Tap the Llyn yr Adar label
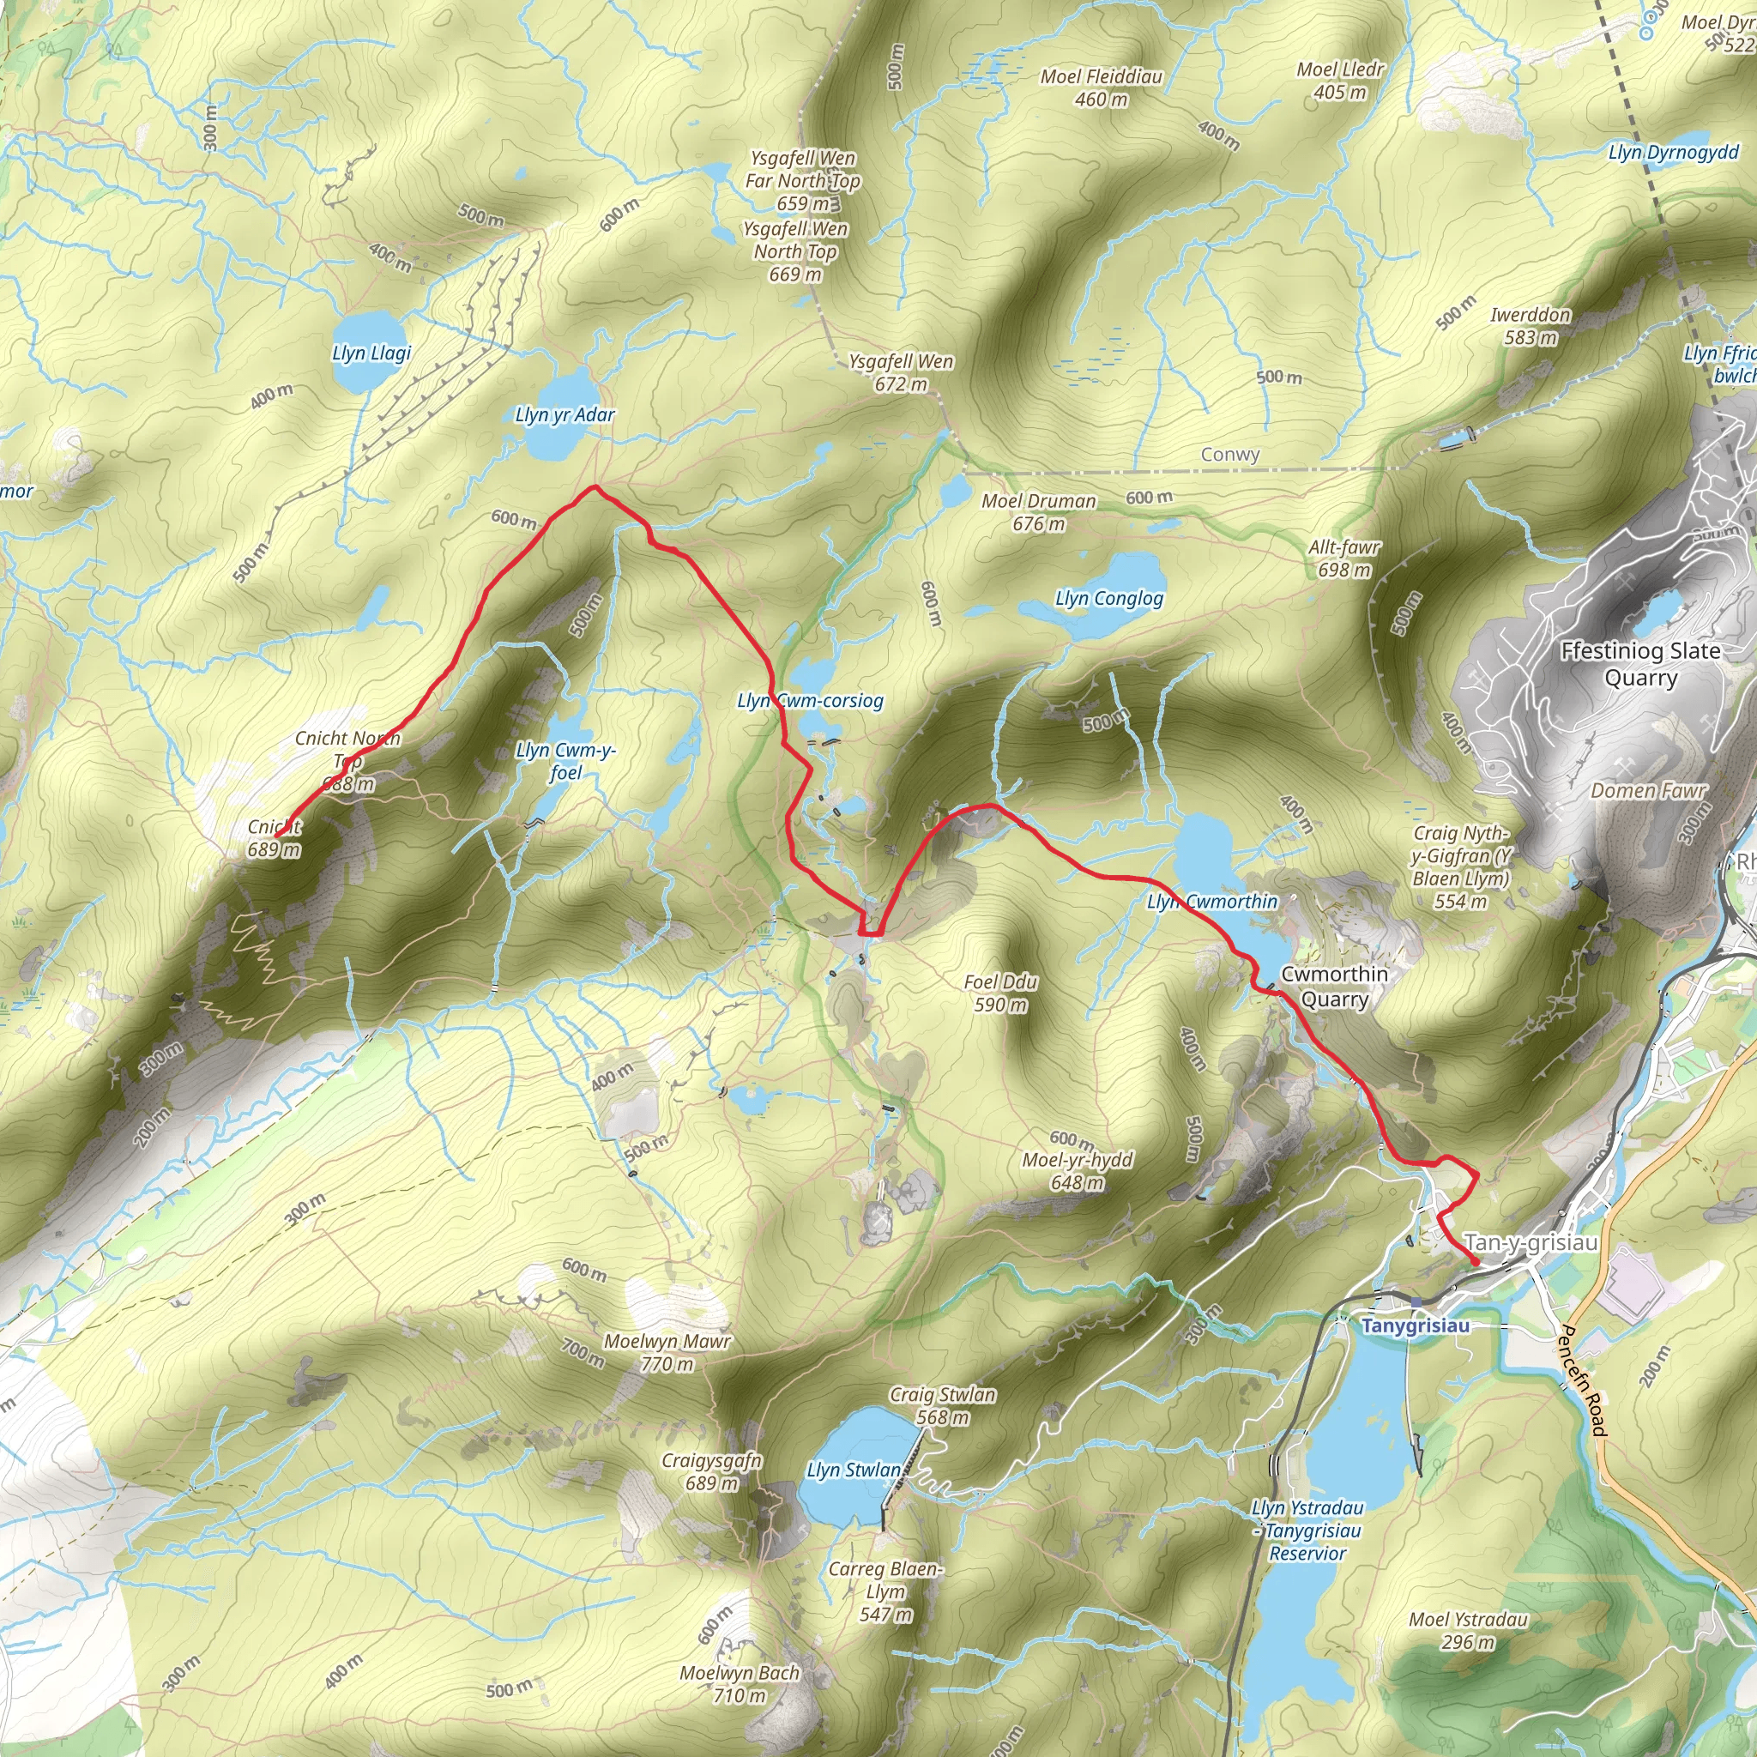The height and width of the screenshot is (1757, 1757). pyautogui.click(x=565, y=414)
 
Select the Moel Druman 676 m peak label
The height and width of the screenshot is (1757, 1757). pyautogui.click(x=1039, y=512)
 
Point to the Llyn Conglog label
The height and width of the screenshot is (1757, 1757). pyautogui.click(x=1108, y=599)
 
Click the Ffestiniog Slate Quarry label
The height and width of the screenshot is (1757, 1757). pyautogui.click(x=1639, y=664)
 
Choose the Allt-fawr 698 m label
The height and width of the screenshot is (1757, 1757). pyautogui.click(x=1344, y=558)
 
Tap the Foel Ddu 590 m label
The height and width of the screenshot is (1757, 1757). pyautogui.click(x=1000, y=993)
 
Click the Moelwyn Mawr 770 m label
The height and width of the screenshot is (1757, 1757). pyautogui.click(x=667, y=1352)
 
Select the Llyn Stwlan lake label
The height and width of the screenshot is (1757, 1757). pyautogui.click(x=853, y=1470)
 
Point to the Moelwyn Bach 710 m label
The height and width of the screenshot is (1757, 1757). pyautogui.click(x=740, y=1683)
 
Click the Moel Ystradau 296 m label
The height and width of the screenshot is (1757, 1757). pyautogui.click(x=1468, y=1631)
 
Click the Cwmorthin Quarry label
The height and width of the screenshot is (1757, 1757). pyautogui.click(x=1334, y=986)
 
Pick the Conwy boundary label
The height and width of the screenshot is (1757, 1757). pyautogui.click(x=1229, y=454)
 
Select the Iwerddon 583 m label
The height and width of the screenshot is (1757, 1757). pyautogui.click(x=1531, y=325)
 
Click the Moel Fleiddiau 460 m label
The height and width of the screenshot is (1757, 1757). pyautogui.click(x=1102, y=88)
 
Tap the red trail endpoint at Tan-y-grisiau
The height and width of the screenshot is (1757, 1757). pyautogui.click(x=1474, y=1261)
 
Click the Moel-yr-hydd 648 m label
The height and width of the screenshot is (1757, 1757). pyautogui.click(x=1078, y=1170)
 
